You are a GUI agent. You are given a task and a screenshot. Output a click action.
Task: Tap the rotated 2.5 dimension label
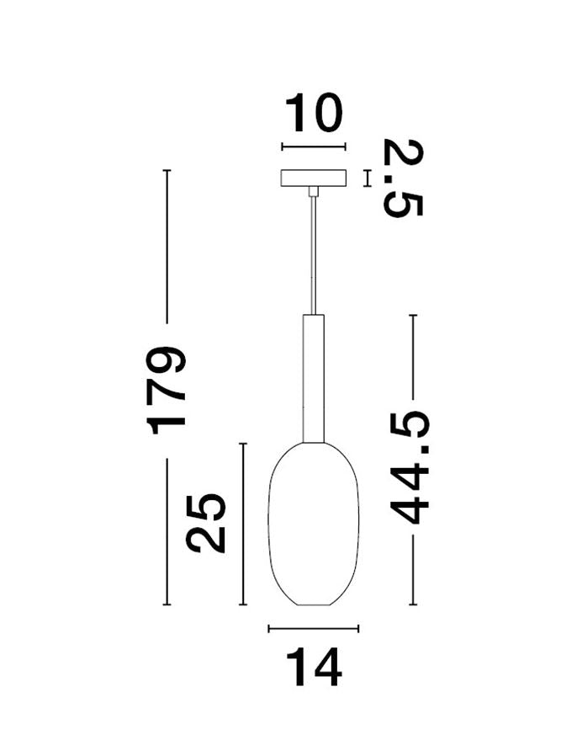click(403, 178)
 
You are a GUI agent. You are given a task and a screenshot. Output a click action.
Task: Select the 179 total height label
click(166, 391)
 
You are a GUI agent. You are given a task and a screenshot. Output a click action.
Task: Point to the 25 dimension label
click(205, 523)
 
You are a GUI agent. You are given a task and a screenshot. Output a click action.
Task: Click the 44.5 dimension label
click(410, 467)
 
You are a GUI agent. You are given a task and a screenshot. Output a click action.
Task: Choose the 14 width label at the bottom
click(314, 668)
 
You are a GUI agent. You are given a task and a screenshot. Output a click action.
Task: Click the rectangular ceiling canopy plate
click(314, 178)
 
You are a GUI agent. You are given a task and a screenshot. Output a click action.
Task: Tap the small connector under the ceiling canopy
click(314, 191)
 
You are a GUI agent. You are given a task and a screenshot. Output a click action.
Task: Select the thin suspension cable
click(314, 255)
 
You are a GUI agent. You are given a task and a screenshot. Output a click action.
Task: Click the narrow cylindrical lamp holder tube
click(314, 378)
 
